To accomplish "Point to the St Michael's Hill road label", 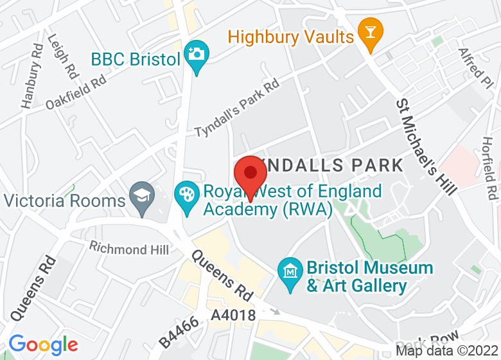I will tap(426, 147).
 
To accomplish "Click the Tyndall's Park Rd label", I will tap(237, 107).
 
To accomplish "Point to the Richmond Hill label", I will tap(129, 248).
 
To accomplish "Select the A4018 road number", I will tap(234, 316).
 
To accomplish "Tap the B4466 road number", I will tap(178, 330).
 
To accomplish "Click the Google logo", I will tap(43, 345).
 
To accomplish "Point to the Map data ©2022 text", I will tap(447, 351).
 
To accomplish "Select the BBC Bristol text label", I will tap(135, 60).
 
